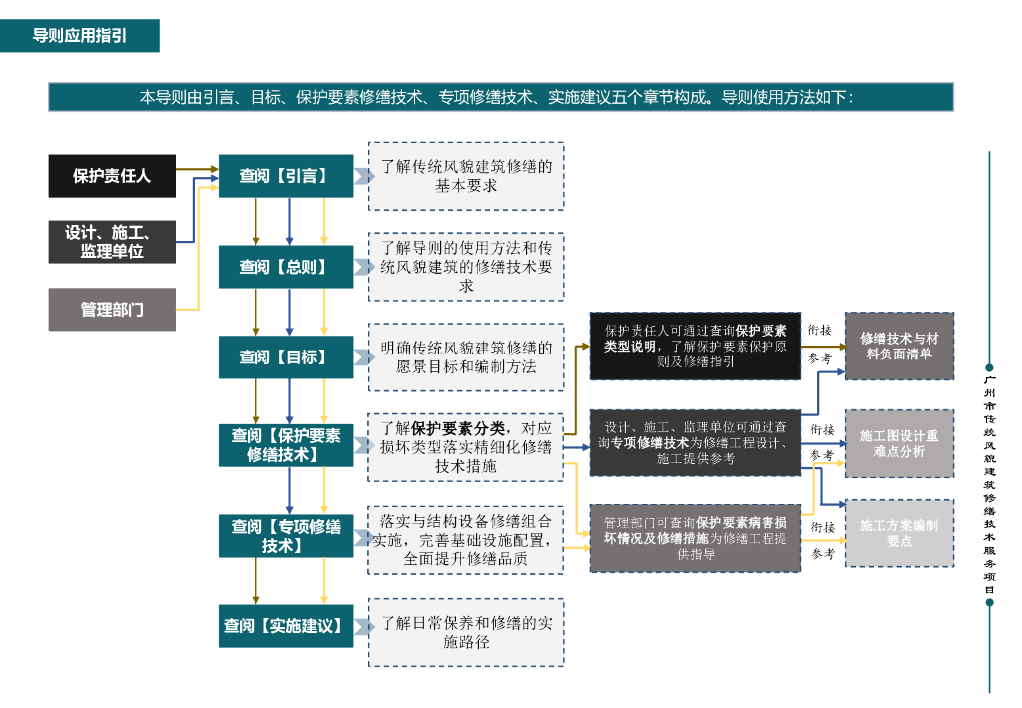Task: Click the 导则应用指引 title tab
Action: pos(79,36)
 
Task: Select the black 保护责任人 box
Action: pos(112,176)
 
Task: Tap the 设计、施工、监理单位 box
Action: pos(112,242)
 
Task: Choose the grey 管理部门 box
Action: pos(112,310)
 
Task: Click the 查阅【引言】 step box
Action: pos(285,176)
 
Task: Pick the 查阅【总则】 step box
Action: pos(285,267)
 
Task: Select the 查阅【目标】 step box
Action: pos(285,356)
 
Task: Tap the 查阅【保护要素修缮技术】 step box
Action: pos(285,445)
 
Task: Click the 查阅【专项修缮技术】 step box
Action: pos(285,536)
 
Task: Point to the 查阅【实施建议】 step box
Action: pos(285,626)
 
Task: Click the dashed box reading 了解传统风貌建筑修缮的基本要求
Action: pos(466,176)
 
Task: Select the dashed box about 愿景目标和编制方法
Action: pos(466,356)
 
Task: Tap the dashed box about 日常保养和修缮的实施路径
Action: pos(466,632)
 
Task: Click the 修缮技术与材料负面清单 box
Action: pos(899,346)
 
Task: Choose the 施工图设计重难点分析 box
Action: pos(899,443)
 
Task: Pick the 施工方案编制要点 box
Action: pos(899,533)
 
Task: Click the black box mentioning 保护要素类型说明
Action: pos(695,346)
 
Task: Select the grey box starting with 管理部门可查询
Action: pos(695,538)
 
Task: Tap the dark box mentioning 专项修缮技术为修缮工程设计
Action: pos(695,442)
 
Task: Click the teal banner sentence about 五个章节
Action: pos(500,97)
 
